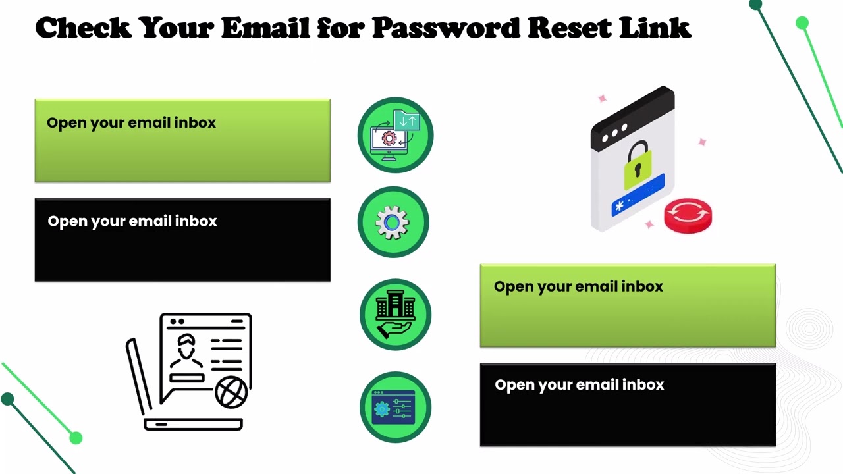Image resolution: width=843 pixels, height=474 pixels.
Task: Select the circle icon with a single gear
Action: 393,222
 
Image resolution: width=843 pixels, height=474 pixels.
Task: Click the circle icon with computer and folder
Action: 395,135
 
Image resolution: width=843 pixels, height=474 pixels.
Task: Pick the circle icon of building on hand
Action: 395,315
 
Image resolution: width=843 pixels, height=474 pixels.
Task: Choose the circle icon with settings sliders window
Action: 395,408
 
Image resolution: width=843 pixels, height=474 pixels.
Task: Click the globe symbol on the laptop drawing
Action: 231,392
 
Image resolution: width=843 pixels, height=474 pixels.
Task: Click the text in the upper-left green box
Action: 131,123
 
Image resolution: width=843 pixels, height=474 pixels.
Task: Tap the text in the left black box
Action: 132,221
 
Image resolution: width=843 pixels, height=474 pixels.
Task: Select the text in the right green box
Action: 578,286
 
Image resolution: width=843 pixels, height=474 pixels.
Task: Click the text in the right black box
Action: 579,385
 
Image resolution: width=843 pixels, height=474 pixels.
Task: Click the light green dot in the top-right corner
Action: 802,24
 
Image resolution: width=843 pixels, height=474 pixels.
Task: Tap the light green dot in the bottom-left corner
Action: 76,437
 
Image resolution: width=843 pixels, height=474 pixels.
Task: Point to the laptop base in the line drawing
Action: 193,425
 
